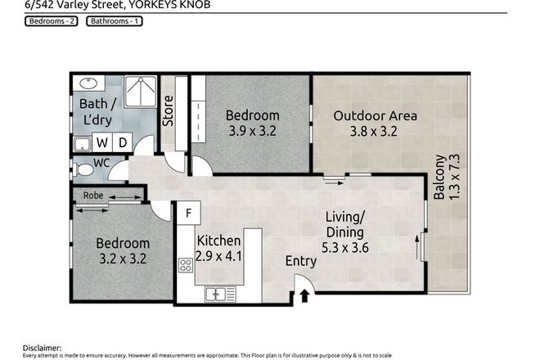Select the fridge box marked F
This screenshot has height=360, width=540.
188,214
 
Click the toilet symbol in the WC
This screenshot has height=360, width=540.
85,170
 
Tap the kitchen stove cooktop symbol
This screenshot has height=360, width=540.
186,264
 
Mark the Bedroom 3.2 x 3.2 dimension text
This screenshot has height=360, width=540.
123,259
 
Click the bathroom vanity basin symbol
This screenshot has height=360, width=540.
88,83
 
